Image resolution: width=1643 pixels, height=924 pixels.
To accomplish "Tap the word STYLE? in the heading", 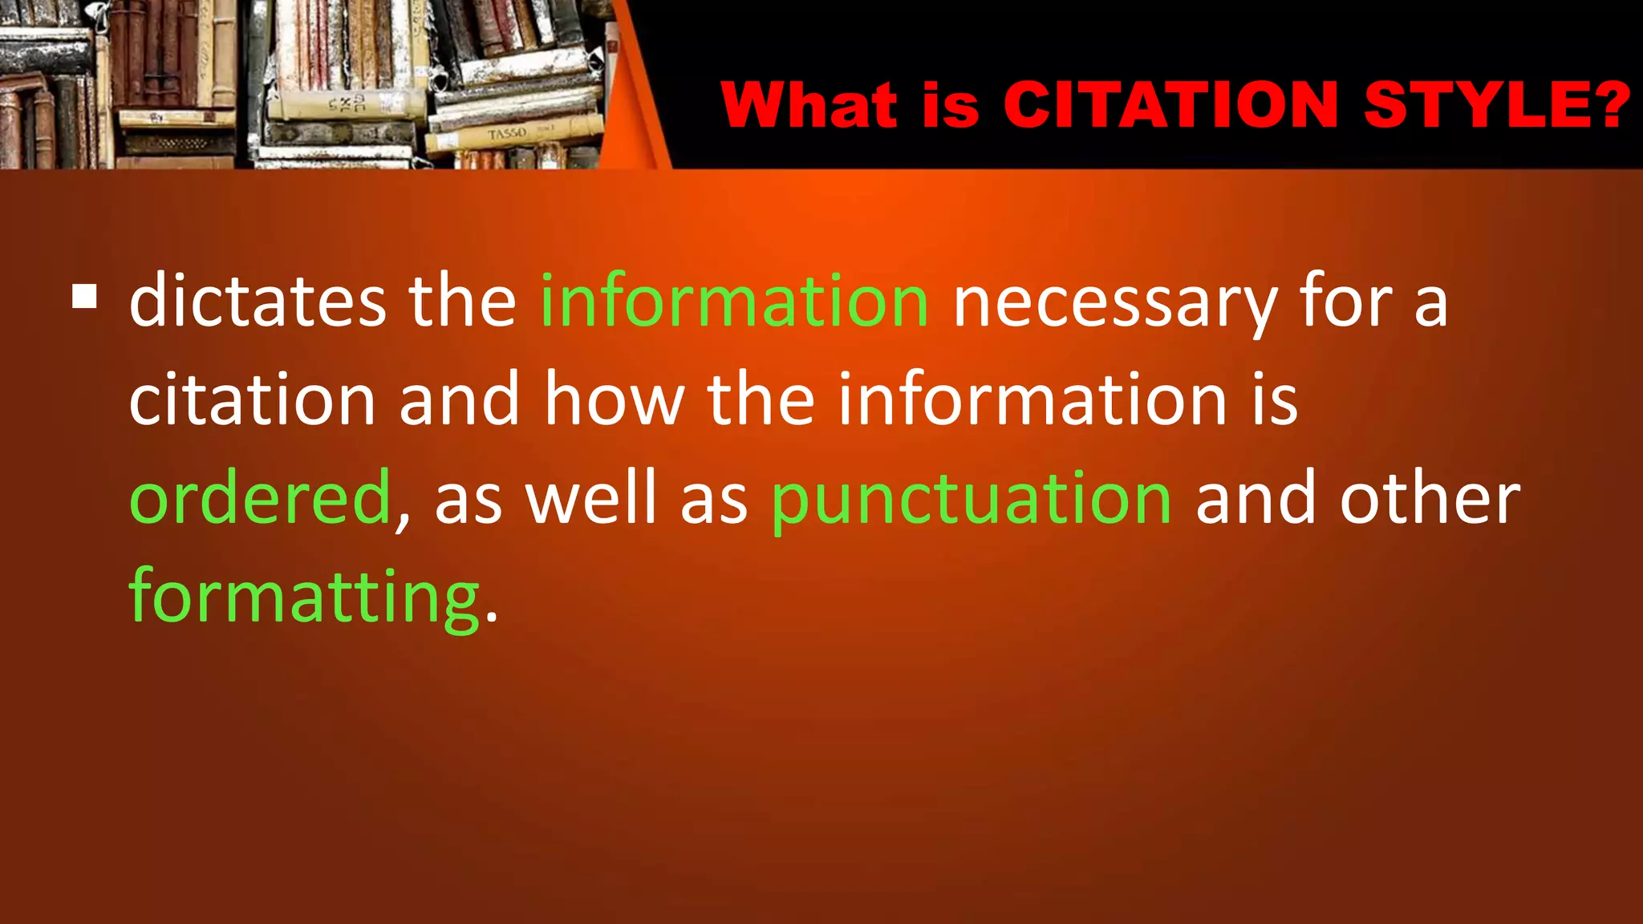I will (x=1497, y=105).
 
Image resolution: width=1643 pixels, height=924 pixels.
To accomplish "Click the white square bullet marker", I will (x=84, y=298).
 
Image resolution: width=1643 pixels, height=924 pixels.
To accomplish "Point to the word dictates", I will (x=258, y=302).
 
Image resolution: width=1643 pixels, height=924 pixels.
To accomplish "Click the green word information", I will (x=734, y=302).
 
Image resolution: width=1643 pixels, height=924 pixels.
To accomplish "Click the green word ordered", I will (x=259, y=498).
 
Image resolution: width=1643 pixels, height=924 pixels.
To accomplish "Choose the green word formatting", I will (x=304, y=598).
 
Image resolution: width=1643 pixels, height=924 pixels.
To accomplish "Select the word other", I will (x=1430, y=498).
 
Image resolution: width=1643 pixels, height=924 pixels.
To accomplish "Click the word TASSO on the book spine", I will (x=507, y=134).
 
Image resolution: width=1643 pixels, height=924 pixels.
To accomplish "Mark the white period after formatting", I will (x=492, y=619).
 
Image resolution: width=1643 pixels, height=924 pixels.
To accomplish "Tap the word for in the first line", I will (x=1346, y=302).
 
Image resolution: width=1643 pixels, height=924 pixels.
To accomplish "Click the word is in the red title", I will (x=951, y=105).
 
